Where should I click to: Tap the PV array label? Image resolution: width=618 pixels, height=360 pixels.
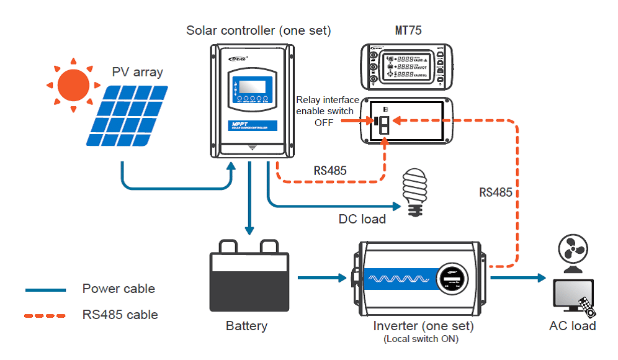[137, 72]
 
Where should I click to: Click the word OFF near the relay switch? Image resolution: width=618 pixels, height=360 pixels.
[324, 123]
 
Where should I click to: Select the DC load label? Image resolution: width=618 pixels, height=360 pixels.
[362, 219]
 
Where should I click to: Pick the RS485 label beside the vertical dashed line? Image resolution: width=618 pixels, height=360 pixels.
[496, 192]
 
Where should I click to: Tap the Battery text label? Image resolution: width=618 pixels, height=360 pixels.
[246, 326]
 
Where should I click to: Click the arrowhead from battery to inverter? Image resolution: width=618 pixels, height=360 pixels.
[342, 277]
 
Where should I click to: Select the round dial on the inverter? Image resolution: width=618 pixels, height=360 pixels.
[452, 277]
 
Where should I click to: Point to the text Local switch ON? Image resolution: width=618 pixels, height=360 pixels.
[423, 339]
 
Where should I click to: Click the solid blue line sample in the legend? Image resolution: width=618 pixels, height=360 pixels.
[45, 290]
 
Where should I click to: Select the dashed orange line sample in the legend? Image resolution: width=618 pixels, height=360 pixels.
[45, 315]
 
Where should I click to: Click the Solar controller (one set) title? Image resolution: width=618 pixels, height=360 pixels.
[259, 30]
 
